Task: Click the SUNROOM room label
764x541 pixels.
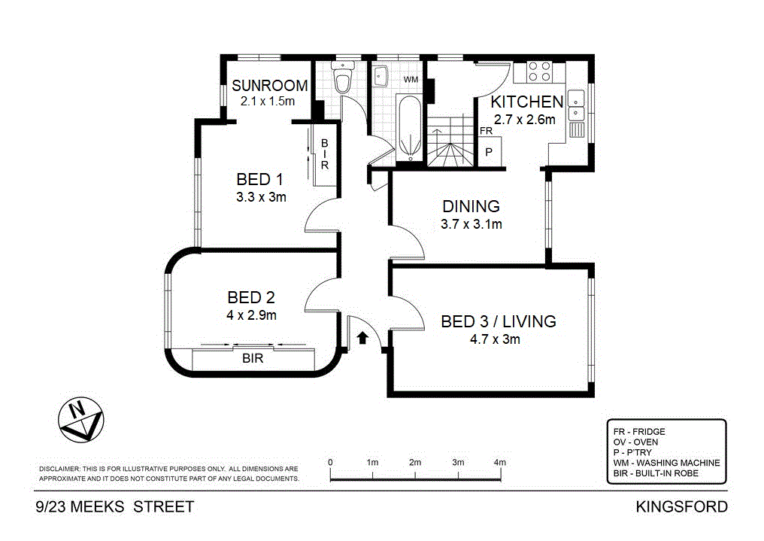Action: (x=269, y=86)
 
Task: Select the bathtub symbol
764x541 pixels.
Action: (x=409, y=128)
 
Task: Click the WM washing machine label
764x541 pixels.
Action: (x=411, y=80)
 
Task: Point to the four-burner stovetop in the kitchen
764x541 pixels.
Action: (x=539, y=71)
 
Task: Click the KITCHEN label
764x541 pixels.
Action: (x=526, y=102)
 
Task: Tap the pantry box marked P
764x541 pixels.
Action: (x=489, y=152)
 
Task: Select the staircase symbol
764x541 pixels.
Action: (x=450, y=141)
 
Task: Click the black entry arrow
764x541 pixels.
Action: (x=362, y=338)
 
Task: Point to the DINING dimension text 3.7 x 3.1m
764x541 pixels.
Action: (x=471, y=224)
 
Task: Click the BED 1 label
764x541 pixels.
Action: (x=259, y=179)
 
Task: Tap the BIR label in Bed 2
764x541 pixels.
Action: (x=253, y=359)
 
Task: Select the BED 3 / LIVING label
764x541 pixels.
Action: (x=499, y=322)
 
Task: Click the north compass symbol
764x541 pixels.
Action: (x=81, y=420)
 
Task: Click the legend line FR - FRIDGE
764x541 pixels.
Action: (x=639, y=432)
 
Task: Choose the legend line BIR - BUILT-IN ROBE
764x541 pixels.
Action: (x=656, y=473)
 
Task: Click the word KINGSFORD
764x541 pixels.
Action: (x=681, y=507)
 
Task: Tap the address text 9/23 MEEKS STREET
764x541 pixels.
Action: (x=115, y=507)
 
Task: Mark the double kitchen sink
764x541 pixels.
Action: (x=576, y=105)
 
